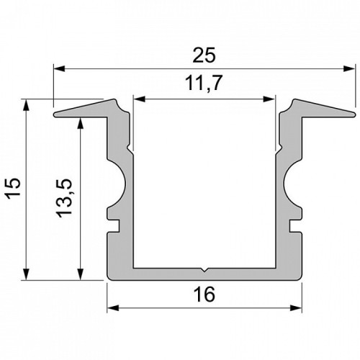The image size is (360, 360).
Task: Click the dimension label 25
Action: [x=204, y=55]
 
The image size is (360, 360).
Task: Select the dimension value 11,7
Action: [x=204, y=83]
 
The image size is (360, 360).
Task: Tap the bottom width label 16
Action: [x=204, y=294]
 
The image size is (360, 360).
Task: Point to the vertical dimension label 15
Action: [x=12, y=189]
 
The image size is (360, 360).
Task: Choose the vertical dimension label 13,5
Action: [x=64, y=198]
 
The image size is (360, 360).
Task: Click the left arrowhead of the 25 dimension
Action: [x=59, y=68]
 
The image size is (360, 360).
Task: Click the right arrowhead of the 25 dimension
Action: [x=349, y=68]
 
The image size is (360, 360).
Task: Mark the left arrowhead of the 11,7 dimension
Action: [x=140, y=99]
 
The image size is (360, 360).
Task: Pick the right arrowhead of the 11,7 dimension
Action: [x=269, y=99]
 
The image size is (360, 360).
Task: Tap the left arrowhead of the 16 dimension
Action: [x=113, y=308]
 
